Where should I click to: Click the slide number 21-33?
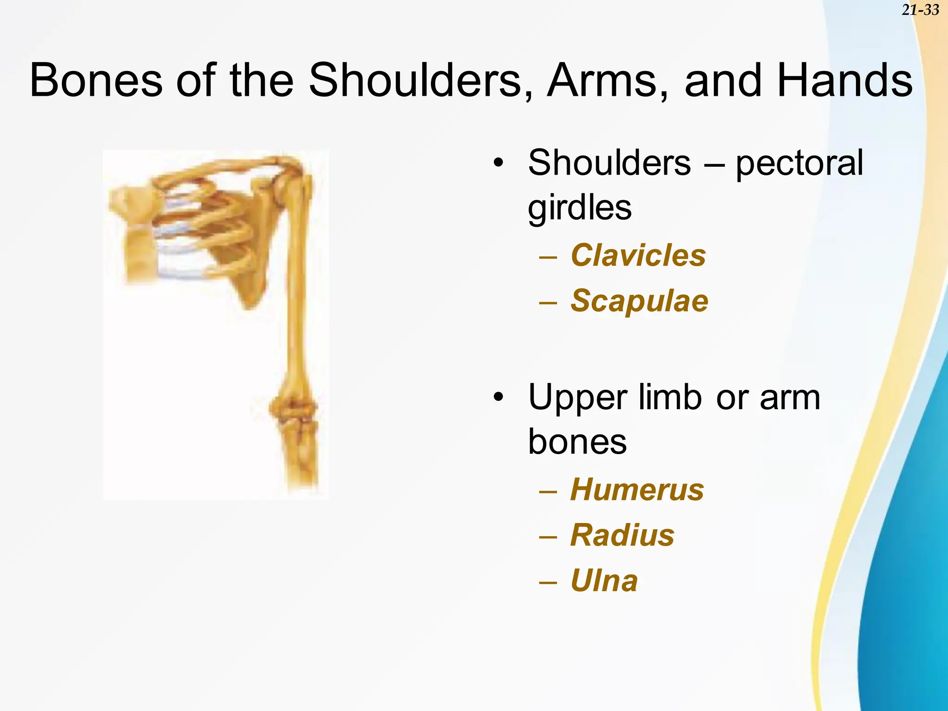tap(920, 10)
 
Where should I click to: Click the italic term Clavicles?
tap(638, 255)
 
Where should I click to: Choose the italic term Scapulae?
tap(639, 300)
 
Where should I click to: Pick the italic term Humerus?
tap(637, 489)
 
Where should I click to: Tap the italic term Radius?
tap(622, 535)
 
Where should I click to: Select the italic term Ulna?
tap(604, 580)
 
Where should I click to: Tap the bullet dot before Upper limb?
tap(498, 397)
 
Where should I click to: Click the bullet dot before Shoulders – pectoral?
tap(498, 163)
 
